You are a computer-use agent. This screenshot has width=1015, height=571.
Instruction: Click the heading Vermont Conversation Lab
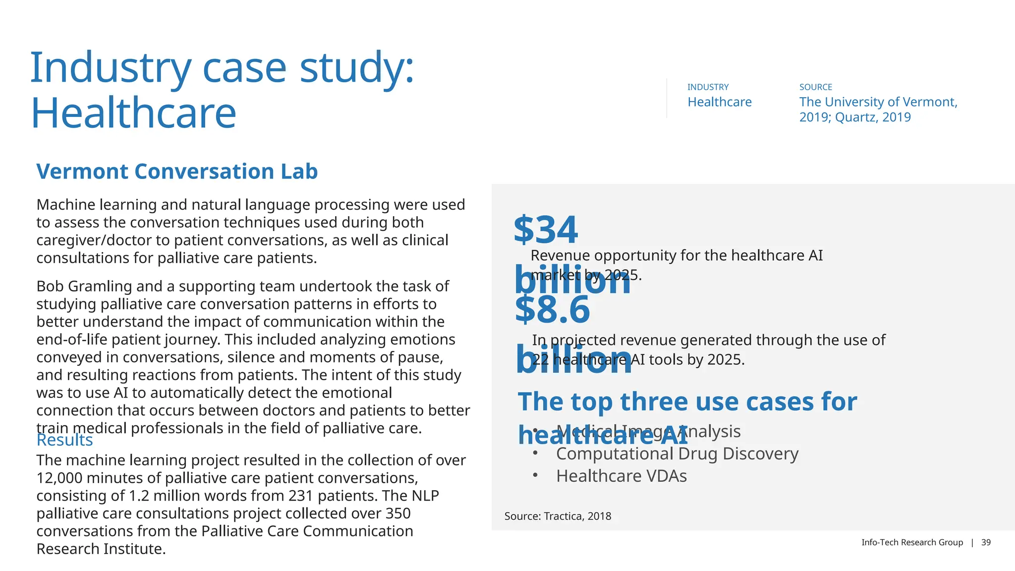(x=177, y=171)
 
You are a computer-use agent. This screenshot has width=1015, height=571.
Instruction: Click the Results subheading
(x=64, y=440)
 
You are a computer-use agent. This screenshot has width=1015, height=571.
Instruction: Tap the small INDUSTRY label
(x=708, y=87)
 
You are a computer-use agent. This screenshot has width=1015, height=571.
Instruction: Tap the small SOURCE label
(x=815, y=87)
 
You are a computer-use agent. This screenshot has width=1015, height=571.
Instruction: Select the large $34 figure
(x=546, y=230)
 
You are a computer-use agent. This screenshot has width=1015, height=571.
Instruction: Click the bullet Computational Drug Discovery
(x=677, y=454)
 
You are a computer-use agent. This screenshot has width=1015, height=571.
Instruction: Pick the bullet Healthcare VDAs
(x=621, y=476)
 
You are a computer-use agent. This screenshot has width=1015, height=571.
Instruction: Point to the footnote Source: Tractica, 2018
(x=558, y=516)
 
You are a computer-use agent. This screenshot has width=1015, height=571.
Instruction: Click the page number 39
(x=986, y=542)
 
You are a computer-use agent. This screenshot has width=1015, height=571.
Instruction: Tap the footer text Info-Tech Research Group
(x=912, y=542)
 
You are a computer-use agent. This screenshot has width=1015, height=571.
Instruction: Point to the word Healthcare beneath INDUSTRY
(x=719, y=102)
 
